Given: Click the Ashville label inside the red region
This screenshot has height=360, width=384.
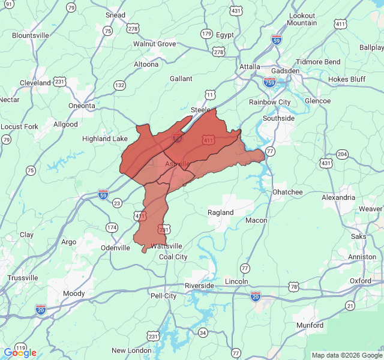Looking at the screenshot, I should [x=177, y=164].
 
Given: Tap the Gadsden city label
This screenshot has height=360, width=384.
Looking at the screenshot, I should [x=284, y=71].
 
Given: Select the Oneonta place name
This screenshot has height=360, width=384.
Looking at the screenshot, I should [x=82, y=106].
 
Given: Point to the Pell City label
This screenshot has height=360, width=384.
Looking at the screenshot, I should [x=163, y=296].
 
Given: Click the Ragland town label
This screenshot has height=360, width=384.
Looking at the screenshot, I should [x=221, y=212].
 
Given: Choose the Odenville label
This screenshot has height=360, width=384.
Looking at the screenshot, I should [x=115, y=248].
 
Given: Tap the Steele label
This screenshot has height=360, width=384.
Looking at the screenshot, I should [x=200, y=110].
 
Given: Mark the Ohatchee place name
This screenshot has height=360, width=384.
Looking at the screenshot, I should [x=287, y=192].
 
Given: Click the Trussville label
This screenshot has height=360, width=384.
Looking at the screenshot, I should [x=23, y=278].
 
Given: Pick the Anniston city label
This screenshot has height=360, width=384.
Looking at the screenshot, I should [x=362, y=257].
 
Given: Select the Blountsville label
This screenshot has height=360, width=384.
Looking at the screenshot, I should [x=31, y=35].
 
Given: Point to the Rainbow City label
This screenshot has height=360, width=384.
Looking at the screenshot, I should [x=270, y=102].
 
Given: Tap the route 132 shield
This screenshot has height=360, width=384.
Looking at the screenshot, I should [x=120, y=85].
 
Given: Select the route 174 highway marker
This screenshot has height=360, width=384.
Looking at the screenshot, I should [x=112, y=227].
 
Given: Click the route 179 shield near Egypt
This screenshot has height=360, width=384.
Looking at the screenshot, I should [x=206, y=34].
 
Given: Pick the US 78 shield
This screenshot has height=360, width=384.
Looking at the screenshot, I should [x=293, y=287].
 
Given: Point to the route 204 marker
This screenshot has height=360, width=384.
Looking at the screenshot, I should [x=342, y=154].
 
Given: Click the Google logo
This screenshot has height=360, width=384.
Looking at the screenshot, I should [x=20, y=352].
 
